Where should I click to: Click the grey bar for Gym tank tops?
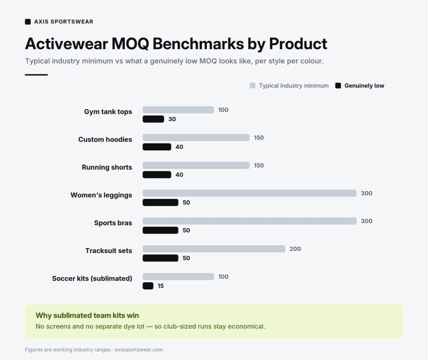click(178, 110)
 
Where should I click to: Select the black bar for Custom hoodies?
click(157, 147)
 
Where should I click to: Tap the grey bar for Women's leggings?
click(250, 193)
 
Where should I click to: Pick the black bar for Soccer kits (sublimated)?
click(148, 286)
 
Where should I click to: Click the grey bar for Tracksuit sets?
click(214, 249)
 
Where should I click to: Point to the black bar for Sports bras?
click(160, 230)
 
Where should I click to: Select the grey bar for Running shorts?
click(196, 165)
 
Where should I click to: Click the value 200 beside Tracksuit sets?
click(295, 249)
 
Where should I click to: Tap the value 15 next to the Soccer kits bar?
click(160, 286)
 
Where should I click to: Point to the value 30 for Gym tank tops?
click(172, 119)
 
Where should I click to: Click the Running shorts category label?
click(107, 167)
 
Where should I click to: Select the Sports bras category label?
click(113, 223)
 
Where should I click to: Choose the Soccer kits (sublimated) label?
click(92, 279)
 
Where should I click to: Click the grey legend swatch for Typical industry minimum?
click(252, 86)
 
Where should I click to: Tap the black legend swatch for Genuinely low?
click(338, 86)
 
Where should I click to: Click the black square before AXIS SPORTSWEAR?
click(28, 22)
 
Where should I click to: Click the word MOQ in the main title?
click(130, 43)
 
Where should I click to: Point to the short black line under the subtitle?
click(36, 75)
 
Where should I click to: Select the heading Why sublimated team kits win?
click(87, 315)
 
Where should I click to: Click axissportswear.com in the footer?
click(139, 350)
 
